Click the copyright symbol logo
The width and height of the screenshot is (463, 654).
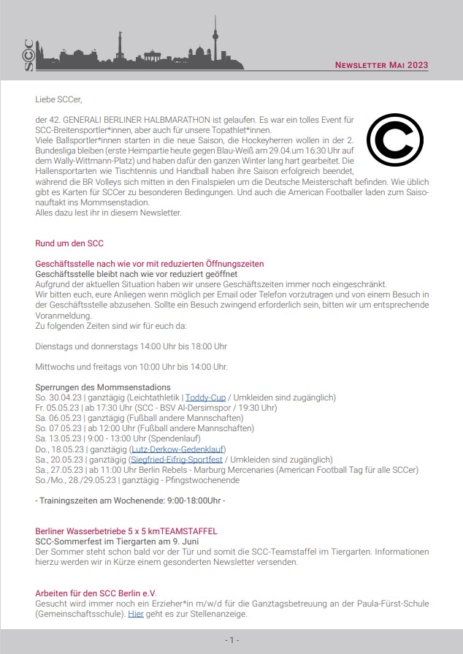tap(395, 140)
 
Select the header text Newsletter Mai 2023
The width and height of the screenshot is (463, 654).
tap(381, 66)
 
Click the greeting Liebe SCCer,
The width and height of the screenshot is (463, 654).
tap(58, 99)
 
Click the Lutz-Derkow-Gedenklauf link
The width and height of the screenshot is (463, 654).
tap(178, 449)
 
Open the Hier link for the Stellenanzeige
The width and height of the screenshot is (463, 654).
tap(135, 615)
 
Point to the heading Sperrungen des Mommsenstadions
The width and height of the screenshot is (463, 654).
tap(103, 387)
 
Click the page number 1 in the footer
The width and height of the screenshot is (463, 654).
tap(231, 640)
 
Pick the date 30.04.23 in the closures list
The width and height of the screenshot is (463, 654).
tap(63, 398)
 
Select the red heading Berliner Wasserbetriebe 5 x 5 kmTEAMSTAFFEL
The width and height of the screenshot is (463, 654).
tap(126, 531)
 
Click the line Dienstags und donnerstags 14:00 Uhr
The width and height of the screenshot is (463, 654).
tap(131, 346)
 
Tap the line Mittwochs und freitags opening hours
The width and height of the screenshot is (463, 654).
tap(131, 366)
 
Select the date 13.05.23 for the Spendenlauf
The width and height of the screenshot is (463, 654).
tap(63, 438)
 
